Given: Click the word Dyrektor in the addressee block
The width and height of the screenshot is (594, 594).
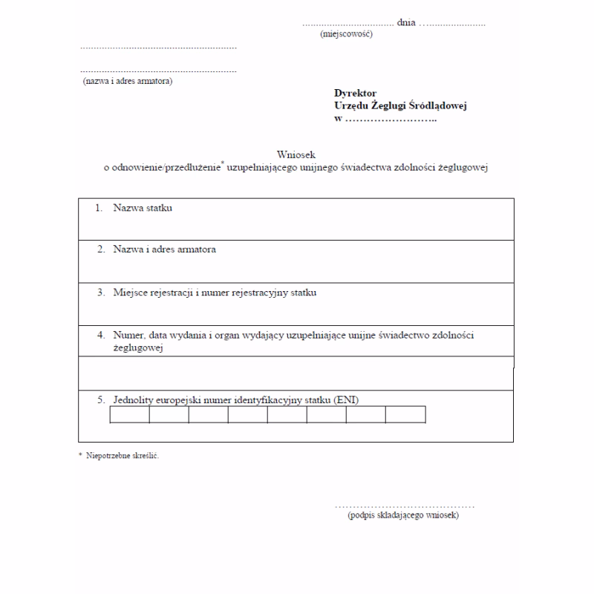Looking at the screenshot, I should [x=355, y=94].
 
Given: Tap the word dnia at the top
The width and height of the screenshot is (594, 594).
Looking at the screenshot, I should [x=406, y=24].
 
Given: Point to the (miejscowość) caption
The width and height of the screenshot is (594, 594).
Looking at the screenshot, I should [x=346, y=34].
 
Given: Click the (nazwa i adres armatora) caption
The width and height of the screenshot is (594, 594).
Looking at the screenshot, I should [x=128, y=81].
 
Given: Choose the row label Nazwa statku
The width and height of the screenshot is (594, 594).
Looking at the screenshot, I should [x=143, y=208].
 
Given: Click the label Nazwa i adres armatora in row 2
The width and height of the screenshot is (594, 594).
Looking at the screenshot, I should [x=164, y=249].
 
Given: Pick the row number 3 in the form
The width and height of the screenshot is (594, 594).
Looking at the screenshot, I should [x=101, y=293].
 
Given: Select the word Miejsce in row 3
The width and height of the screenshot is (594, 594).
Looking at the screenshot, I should [x=131, y=293].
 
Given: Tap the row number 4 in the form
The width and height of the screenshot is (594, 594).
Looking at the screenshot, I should [x=101, y=335].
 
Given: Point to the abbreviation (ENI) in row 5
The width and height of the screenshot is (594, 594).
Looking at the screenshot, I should [x=346, y=400].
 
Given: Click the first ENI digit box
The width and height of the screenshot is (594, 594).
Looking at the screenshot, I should [x=130, y=414].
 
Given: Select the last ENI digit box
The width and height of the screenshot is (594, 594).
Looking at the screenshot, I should [x=405, y=414].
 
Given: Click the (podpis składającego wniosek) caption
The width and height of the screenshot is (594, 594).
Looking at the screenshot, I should [x=403, y=515].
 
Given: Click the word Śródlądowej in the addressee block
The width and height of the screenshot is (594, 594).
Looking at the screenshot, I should [x=438, y=105].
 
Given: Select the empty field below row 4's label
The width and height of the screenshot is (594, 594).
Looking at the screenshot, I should [x=296, y=373].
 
